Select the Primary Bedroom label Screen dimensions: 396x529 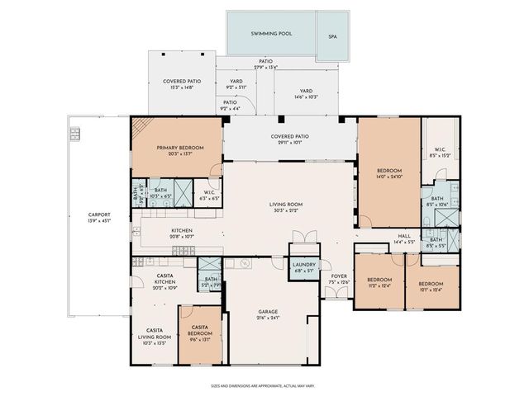coord(179,148)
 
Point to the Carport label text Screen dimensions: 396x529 coord(98,215)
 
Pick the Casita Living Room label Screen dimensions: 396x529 coord(155,333)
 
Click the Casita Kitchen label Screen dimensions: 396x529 coord(165,279)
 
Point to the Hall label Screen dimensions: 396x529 coord(403,237)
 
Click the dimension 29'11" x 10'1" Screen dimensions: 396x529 coord(289,142)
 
